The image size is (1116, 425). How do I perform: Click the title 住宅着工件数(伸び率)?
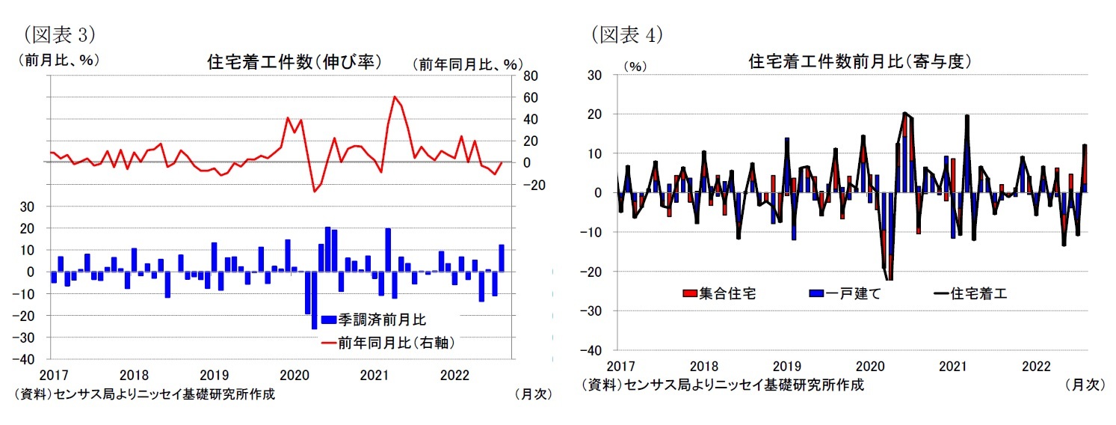tap(294, 62)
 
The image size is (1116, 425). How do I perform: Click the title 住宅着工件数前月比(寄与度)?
tap(859, 62)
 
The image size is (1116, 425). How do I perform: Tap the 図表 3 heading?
tap(60, 34)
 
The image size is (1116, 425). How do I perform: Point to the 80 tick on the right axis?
tap(529, 76)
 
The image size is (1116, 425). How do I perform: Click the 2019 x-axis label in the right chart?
tap(786, 366)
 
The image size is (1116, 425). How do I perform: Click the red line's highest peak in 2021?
tap(394, 97)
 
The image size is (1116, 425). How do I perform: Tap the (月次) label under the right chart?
tap(1084, 385)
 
